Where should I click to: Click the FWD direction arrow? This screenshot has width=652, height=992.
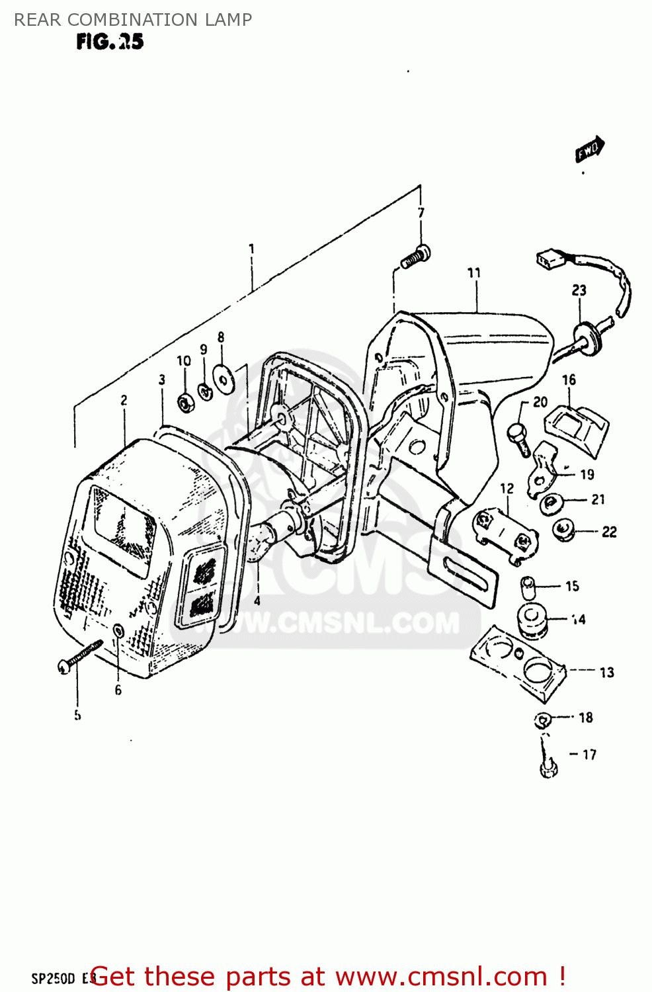(x=589, y=149)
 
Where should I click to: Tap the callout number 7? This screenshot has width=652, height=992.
(x=421, y=213)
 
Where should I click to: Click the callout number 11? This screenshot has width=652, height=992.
(x=474, y=273)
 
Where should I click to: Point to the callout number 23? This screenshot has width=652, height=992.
(x=579, y=290)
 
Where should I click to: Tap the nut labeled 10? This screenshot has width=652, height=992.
(x=185, y=401)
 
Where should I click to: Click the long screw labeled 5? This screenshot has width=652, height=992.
(x=81, y=655)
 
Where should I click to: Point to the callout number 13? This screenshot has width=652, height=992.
(x=606, y=673)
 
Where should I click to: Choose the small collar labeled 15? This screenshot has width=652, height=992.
(x=528, y=587)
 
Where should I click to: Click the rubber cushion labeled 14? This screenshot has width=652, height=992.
(x=532, y=621)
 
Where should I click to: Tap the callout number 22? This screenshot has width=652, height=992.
(x=609, y=532)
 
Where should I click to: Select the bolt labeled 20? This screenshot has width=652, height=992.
(x=519, y=438)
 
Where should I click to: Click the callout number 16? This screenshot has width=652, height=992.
(x=569, y=380)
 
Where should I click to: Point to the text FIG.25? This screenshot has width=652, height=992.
(x=110, y=42)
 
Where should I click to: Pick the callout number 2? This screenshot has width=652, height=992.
(x=124, y=400)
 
